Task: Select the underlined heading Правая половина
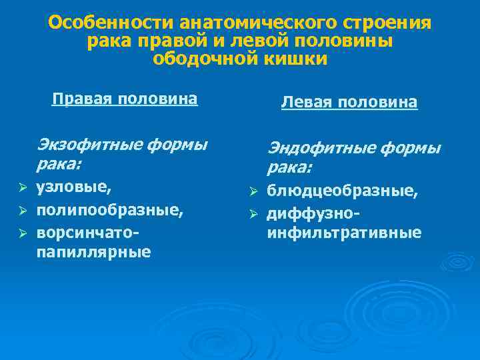(125, 99)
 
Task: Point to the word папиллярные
(93, 253)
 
